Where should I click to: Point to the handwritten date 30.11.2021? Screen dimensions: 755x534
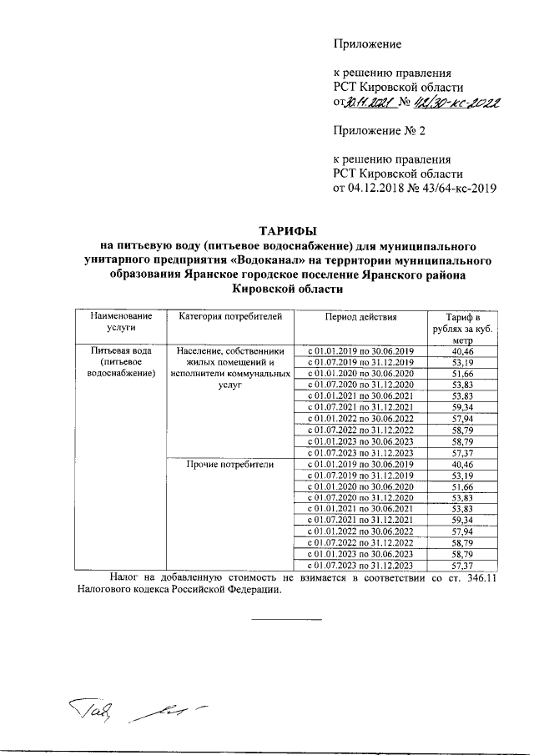(367, 103)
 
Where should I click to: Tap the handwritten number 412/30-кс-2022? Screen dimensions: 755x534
(456, 103)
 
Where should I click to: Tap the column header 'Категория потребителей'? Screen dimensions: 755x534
(230, 317)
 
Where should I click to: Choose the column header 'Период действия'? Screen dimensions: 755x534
(361, 317)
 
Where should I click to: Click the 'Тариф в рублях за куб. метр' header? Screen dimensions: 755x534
(456, 329)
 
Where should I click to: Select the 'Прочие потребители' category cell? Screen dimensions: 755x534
(230, 463)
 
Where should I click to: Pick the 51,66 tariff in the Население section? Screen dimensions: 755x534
(456, 375)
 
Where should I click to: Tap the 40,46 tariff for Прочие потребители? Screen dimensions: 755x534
(456, 463)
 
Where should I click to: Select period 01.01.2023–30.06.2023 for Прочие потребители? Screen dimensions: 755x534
(361, 553)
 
